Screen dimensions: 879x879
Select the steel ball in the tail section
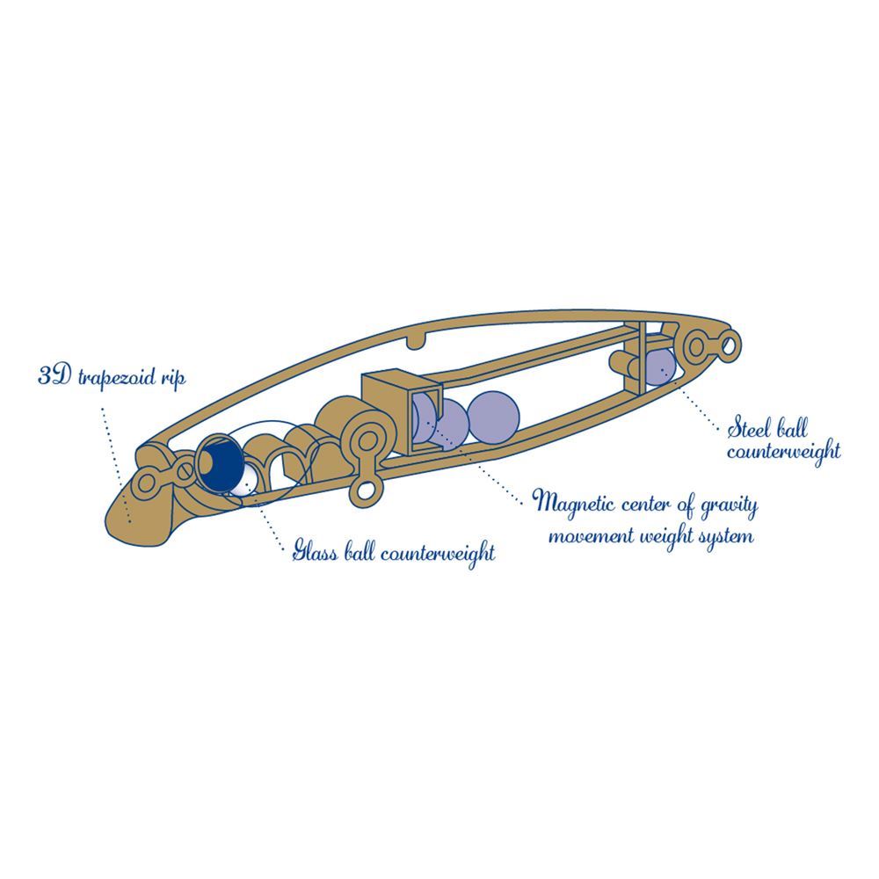tap(659, 367)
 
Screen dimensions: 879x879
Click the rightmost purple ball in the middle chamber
tap(493, 417)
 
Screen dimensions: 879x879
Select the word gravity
tap(729, 507)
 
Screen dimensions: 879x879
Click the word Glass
tap(315, 552)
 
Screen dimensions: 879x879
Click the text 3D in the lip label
tap(54, 375)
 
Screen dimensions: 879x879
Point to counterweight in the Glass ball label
tap(439, 553)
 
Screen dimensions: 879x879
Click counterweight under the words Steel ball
tap(784, 451)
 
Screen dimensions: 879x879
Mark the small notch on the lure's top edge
tap(416, 339)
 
